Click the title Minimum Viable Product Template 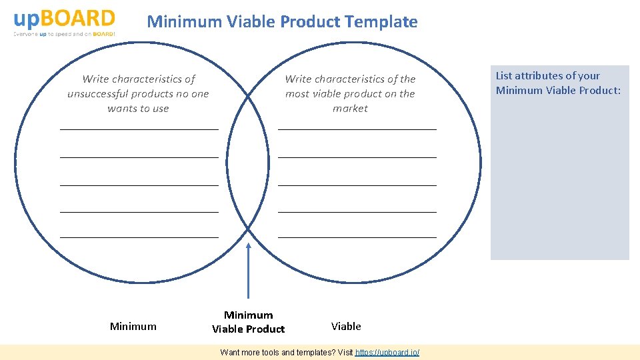(x=282, y=21)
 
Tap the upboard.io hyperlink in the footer (x=387, y=352)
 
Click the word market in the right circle (x=350, y=109)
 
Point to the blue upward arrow (x=248, y=270)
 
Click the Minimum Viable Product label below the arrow (x=248, y=322)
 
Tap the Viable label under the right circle (x=346, y=326)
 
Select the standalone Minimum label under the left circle (x=133, y=326)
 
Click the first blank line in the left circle (x=139, y=129)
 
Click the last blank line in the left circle (x=139, y=237)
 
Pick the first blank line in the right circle (x=357, y=129)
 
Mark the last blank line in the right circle (x=357, y=237)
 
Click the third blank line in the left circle (x=139, y=185)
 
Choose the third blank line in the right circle (x=357, y=185)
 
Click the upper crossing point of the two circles (x=248, y=97)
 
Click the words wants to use (x=138, y=109)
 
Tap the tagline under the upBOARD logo (x=64, y=34)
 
